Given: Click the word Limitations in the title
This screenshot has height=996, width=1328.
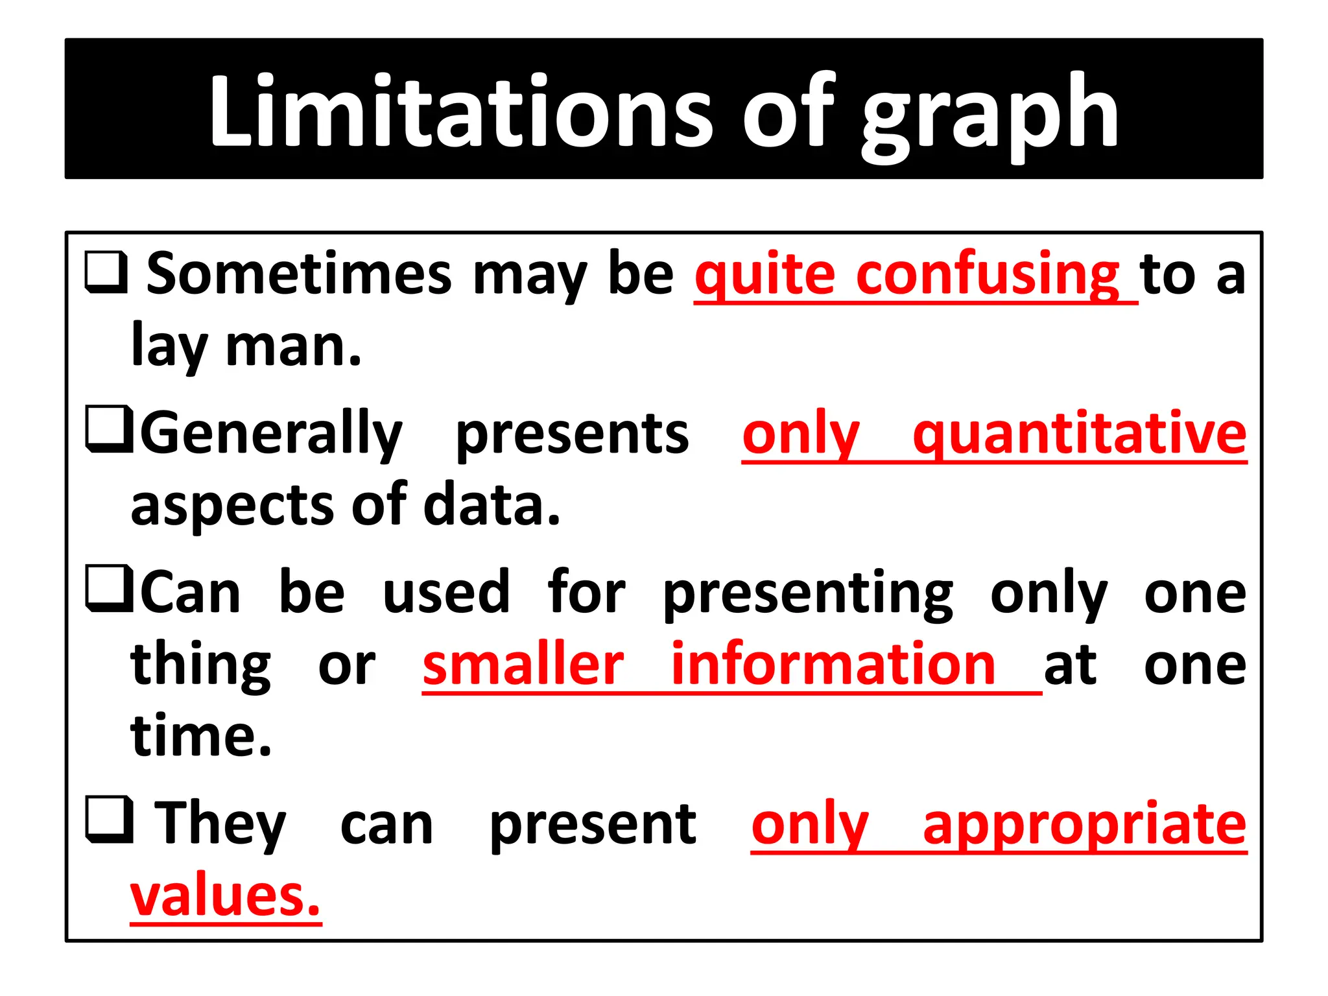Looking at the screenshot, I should [x=461, y=112].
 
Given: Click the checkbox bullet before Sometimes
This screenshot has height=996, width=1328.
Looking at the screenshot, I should [x=106, y=272].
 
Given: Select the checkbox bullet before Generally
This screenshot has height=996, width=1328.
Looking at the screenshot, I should [x=109, y=429].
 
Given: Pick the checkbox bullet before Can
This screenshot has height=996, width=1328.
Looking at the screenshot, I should [x=109, y=589].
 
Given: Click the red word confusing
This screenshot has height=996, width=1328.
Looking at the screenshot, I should [x=987, y=275].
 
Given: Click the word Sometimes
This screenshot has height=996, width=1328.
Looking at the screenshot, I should [x=299, y=274].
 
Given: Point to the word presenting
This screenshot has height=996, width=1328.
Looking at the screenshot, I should [x=808, y=594].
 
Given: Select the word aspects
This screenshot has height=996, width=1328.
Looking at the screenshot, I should [x=231, y=507].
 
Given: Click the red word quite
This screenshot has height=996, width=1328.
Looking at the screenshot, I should [x=765, y=275].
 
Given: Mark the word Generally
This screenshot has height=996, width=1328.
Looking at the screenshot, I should [x=272, y=433].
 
